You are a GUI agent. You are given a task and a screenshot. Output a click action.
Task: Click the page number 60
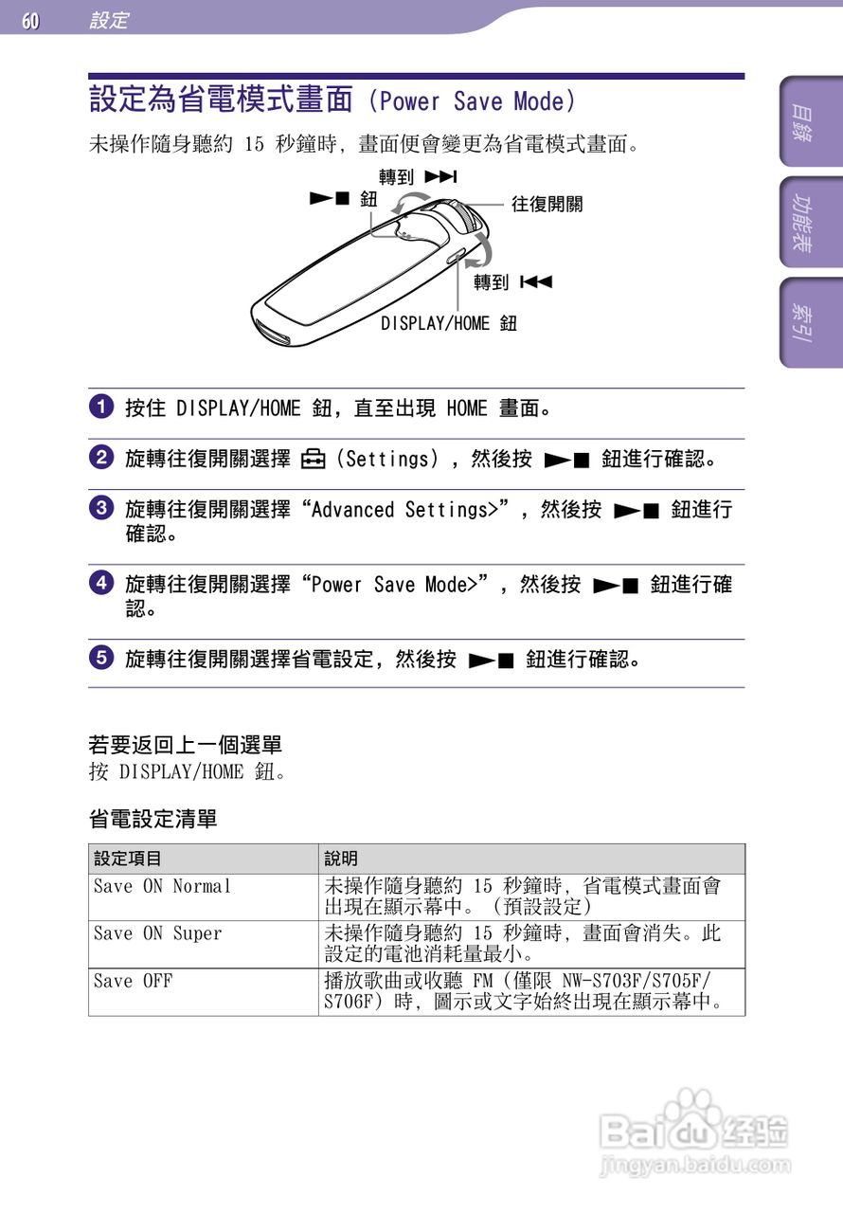[30, 20]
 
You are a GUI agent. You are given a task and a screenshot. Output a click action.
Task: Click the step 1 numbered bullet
[99, 408]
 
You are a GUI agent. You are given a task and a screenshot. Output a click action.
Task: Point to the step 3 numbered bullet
[99, 509]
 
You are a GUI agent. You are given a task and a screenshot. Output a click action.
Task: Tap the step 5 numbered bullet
[99, 658]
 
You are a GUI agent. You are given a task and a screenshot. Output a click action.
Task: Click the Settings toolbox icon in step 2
[313, 461]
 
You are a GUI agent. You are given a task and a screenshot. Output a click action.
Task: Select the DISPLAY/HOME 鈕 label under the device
[449, 324]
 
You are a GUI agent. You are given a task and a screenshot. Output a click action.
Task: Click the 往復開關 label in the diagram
[547, 204]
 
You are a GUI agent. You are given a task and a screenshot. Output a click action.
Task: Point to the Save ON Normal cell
[162, 887]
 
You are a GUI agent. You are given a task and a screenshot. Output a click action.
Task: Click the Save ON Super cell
[157, 934]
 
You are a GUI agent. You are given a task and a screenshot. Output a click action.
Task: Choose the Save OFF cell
[133, 982]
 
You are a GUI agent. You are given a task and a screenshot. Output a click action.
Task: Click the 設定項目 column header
[128, 859]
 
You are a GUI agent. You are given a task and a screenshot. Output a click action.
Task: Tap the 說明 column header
[341, 859]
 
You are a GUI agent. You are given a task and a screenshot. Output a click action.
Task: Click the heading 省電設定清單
[152, 818]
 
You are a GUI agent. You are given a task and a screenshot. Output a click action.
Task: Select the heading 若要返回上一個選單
[185, 745]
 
